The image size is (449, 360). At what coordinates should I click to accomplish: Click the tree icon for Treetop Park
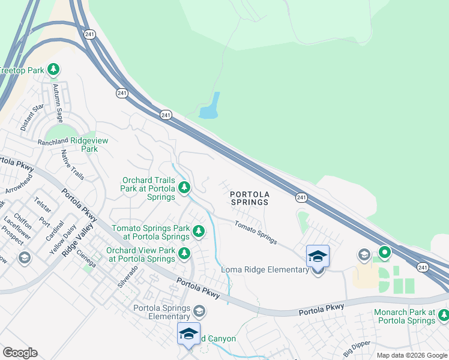pyautogui.click(x=53, y=70)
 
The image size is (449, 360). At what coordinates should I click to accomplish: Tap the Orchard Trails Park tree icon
pyautogui.click(x=185, y=188)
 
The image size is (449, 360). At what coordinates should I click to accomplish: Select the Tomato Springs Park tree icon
pyautogui.click(x=199, y=230)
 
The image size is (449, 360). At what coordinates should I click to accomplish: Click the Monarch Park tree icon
pyautogui.click(x=443, y=314)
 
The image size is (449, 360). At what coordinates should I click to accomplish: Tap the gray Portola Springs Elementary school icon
pyautogui.click(x=199, y=311)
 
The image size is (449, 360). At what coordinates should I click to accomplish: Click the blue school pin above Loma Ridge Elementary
pyautogui.click(x=318, y=256)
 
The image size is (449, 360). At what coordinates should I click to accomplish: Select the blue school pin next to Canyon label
pyautogui.click(x=188, y=333)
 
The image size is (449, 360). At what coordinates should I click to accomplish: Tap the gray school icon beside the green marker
pyautogui.click(x=364, y=255)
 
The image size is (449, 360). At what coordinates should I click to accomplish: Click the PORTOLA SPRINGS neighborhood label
pyautogui.click(x=250, y=198)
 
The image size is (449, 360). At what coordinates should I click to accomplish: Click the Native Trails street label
pyautogui.click(x=73, y=165)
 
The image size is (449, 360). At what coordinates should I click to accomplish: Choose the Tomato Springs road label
pyautogui.click(x=255, y=233)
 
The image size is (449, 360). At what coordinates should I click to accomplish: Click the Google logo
pyautogui.click(x=20, y=353)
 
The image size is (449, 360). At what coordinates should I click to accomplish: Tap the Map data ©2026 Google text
pyautogui.click(x=411, y=355)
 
